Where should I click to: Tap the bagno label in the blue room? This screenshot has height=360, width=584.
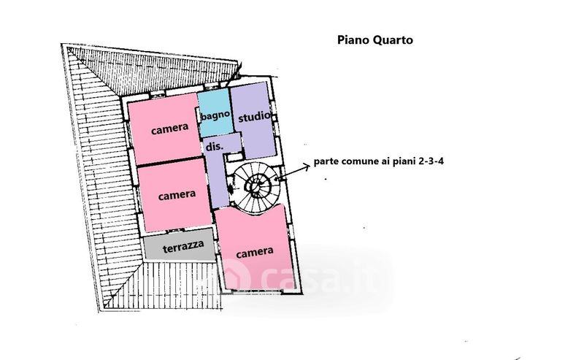pos(216,115)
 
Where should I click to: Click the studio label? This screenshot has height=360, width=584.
pos(255,115)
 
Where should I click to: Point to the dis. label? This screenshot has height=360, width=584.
pos(213,146)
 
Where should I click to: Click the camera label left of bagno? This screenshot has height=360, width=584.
pos(170,130)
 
